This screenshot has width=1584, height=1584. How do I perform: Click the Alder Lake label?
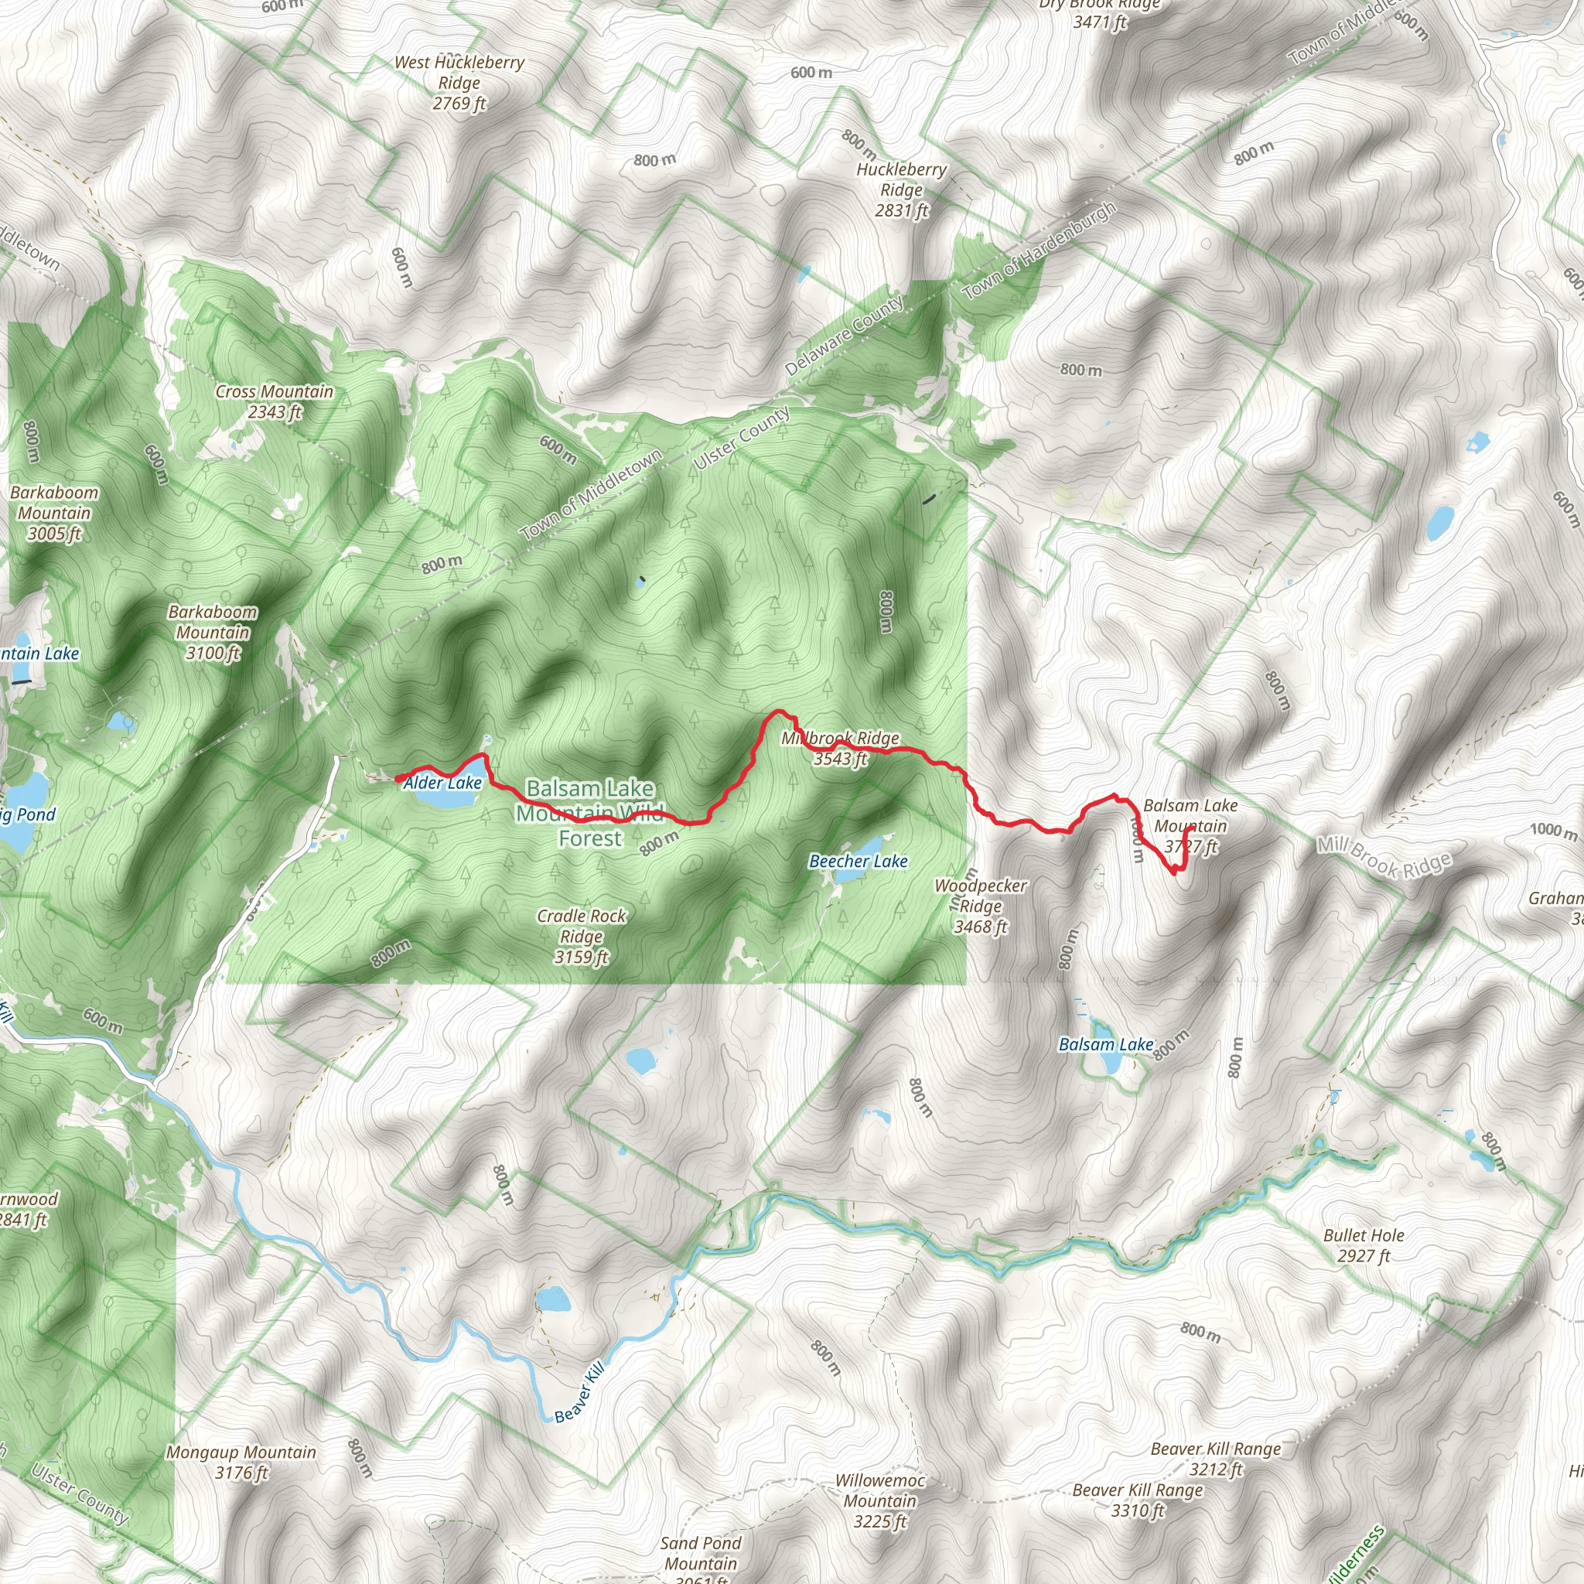point(442,783)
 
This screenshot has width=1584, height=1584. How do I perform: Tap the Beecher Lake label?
point(858,861)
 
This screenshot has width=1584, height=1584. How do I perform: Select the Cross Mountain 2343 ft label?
point(274,401)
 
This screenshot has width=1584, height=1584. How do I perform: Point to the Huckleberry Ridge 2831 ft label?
point(901,189)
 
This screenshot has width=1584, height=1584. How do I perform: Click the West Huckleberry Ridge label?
point(459,82)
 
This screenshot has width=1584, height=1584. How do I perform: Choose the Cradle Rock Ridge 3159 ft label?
point(582,936)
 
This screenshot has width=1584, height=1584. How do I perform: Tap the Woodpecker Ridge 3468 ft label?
point(981,906)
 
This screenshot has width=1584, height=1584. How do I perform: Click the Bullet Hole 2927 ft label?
point(1364,1245)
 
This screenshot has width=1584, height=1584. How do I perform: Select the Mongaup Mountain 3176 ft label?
point(241,1462)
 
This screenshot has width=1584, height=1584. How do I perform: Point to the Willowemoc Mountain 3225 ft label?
point(879,1500)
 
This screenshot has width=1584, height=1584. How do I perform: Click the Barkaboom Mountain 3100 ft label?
point(213,632)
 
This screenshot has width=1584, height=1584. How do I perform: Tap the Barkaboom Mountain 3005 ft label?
point(54,513)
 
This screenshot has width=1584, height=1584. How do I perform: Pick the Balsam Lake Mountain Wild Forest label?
point(589,813)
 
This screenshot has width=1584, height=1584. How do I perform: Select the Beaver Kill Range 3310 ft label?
point(1137,1500)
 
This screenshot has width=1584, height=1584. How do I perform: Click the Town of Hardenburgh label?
point(1039,250)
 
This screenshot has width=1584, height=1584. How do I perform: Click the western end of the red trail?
point(398,778)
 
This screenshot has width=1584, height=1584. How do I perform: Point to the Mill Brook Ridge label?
point(1384,857)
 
